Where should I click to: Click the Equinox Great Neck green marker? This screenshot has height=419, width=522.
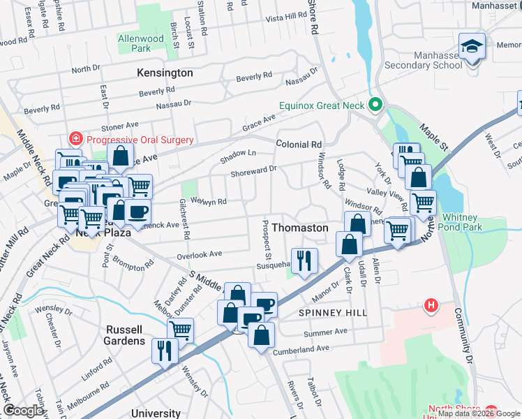(376, 106)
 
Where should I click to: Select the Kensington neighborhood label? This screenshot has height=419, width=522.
(165, 73)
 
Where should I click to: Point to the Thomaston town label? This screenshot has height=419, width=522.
(299, 228)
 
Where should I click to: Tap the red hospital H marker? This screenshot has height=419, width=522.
(431, 306)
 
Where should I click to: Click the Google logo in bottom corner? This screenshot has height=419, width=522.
(24, 411)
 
